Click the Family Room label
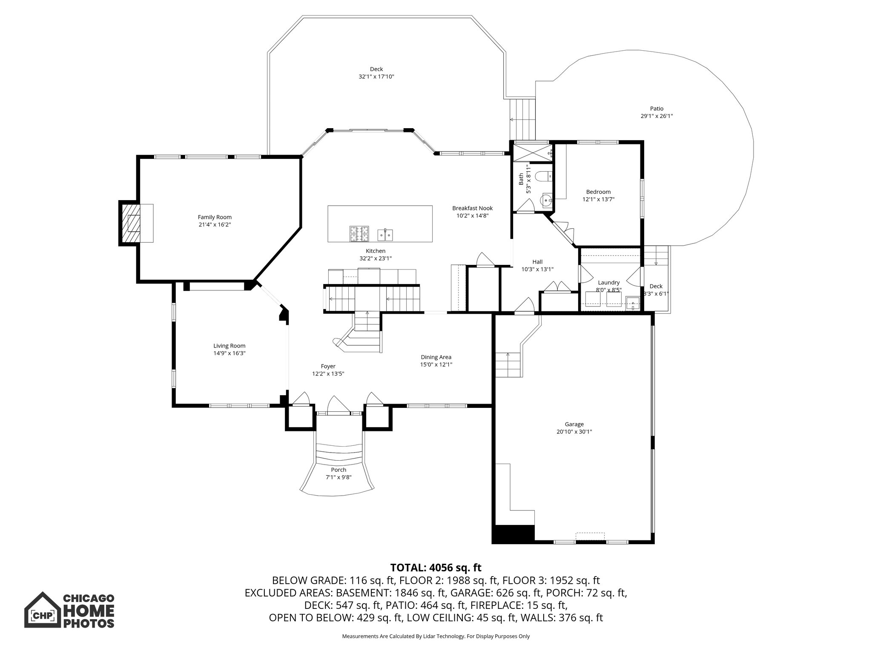click(215, 217)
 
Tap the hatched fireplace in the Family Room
click(131, 223)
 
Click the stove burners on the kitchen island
click(359, 233)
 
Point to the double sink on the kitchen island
click(385, 235)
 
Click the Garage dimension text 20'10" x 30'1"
click(574, 432)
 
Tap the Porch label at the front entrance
click(338, 470)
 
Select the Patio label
click(657, 109)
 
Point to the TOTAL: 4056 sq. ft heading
click(436, 568)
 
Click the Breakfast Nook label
click(472, 208)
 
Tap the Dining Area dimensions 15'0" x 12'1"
click(436, 364)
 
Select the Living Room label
click(229, 346)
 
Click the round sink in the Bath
click(546, 199)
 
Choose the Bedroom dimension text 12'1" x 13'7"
click(598, 199)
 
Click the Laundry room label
click(608, 282)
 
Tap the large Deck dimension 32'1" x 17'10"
click(376, 77)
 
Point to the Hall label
click(537, 262)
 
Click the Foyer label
click(328, 366)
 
